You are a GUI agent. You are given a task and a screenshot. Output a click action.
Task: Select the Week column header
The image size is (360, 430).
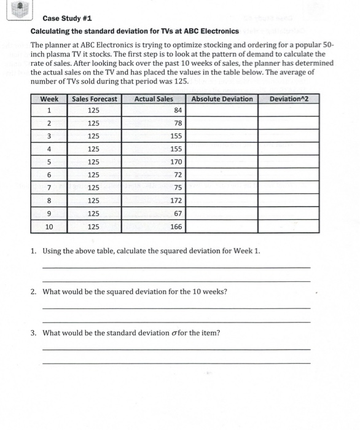pyautogui.click(x=49, y=99)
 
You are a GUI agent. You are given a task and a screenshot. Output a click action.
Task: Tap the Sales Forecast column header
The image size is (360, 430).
pyautogui.click(x=94, y=99)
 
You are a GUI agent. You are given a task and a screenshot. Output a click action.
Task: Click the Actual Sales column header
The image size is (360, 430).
pyautogui.click(x=154, y=99)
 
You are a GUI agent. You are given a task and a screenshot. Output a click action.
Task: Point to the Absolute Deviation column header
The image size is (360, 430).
pyautogui.click(x=222, y=99)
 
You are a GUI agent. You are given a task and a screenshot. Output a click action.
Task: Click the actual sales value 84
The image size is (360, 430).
pyautogui.click(x=178, y=111)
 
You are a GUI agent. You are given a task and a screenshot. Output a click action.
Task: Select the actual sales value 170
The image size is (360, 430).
pyautogui.click(x=176, y=162)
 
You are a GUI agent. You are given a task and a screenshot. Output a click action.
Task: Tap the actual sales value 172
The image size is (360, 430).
pyautogui.click(x=176, y=200)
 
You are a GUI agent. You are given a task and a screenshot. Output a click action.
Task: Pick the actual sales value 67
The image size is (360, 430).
pyautogui.click(x=178, y=213)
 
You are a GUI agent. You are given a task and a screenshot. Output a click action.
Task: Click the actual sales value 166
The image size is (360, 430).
pyautogui.click(x=176, y=226)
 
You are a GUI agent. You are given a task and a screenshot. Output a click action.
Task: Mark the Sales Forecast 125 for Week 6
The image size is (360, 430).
pyautogui.click(x=93, y=175)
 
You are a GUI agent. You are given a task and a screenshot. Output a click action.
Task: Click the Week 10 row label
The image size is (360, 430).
pyautogui.click(x=49, y=226)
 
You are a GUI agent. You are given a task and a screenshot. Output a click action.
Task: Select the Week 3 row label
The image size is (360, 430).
pyautogui.click(x=49, y=136)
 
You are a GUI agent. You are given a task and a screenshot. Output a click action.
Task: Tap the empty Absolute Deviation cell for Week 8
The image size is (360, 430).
pyautogui.click(x=222, y=200)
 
